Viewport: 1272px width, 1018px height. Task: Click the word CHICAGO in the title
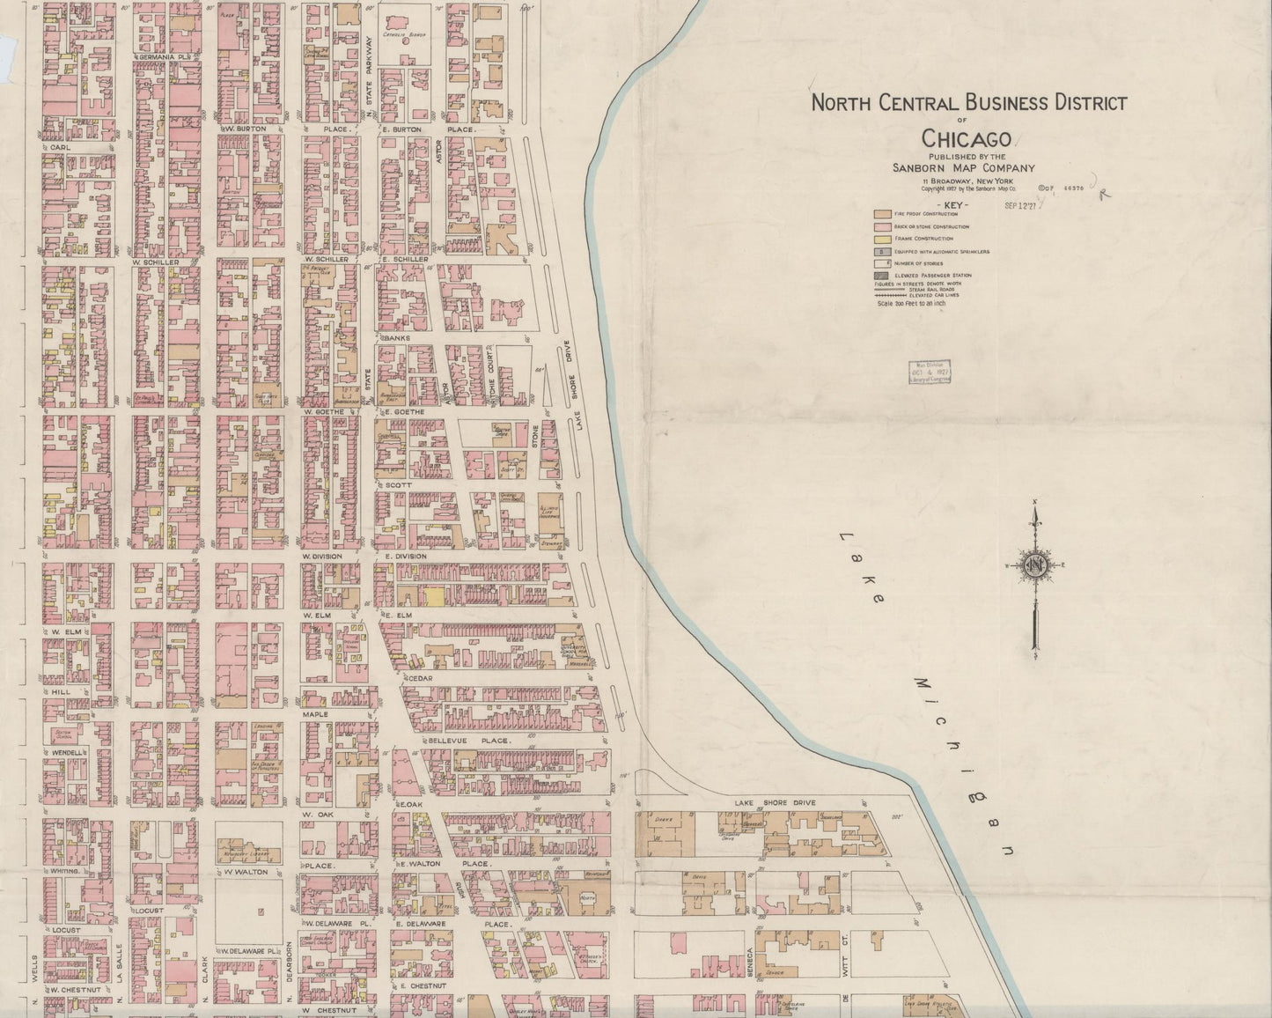(967, 138)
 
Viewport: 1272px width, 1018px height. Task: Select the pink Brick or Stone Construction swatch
(881, 226)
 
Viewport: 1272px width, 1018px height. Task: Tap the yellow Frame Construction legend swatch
(881, 239)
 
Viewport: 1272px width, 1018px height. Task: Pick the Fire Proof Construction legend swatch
(881, 214)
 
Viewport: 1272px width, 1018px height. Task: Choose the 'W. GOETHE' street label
(321, 411)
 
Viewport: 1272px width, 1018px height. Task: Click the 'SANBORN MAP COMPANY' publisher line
(965, 168)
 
